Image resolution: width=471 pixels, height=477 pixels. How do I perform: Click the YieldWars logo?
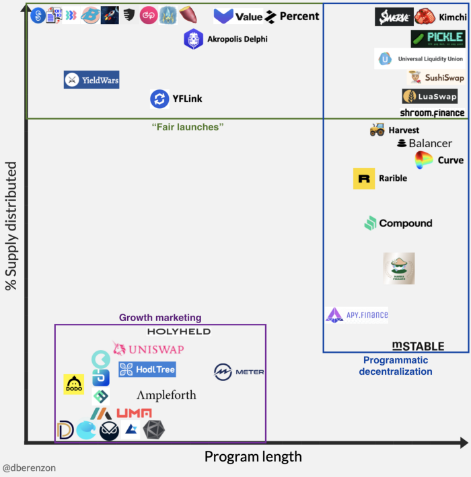click(92, 81)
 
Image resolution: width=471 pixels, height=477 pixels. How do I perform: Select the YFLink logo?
click(176, 99)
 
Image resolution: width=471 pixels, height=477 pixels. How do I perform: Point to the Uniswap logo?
click(148, 349)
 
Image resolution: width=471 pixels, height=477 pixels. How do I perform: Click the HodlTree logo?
click(147, 370)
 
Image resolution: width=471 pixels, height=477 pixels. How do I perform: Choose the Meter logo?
click(239, 372)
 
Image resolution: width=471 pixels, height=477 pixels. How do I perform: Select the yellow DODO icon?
click(74, 384)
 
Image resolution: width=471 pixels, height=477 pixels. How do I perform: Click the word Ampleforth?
click(166, 395)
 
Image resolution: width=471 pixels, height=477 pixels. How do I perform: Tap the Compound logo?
click(398, 224)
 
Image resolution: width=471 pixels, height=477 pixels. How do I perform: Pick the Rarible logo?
click(380, 179)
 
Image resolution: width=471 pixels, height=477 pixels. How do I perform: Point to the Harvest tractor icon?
click(377, 129)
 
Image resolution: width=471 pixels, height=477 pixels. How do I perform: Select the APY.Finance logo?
click(357, 314)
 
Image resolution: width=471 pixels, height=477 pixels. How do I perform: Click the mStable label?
click(418, 346)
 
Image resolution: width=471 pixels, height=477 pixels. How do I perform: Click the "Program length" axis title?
click(253, 457)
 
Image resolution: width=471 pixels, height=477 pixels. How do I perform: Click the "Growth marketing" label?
click(160, 318)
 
